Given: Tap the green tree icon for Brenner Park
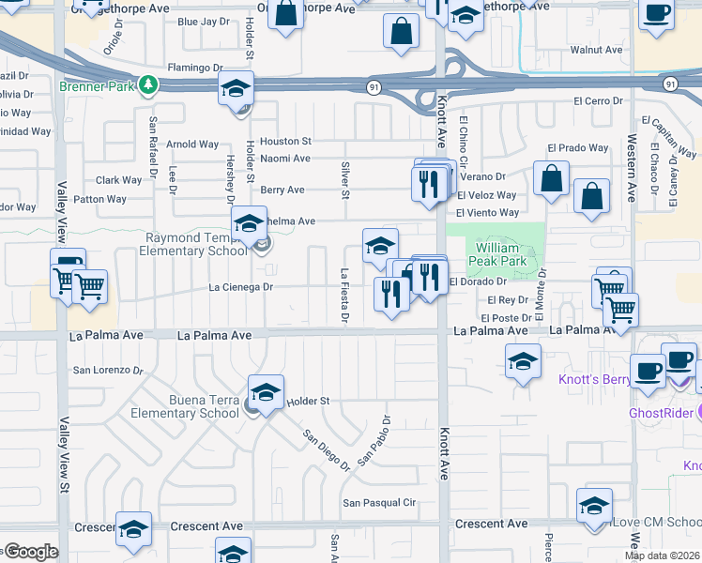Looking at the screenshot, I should coord(148,85).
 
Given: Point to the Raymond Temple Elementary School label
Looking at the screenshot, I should coord(192,244).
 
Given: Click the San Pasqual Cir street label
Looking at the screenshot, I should coord(378,503).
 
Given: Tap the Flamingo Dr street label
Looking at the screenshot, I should coord(194,68).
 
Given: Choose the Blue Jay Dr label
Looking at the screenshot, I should coord(203,22).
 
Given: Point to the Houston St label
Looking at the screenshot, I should coord(285,141).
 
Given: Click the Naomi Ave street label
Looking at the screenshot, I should coord(285,159).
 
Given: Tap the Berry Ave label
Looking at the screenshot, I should coord(282,190).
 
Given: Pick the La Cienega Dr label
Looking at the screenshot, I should coord(240,287).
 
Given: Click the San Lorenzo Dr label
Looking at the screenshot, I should coord(108,370).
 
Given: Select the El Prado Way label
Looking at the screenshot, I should coord(578,147).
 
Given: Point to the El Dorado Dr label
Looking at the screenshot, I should coord(478,281).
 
